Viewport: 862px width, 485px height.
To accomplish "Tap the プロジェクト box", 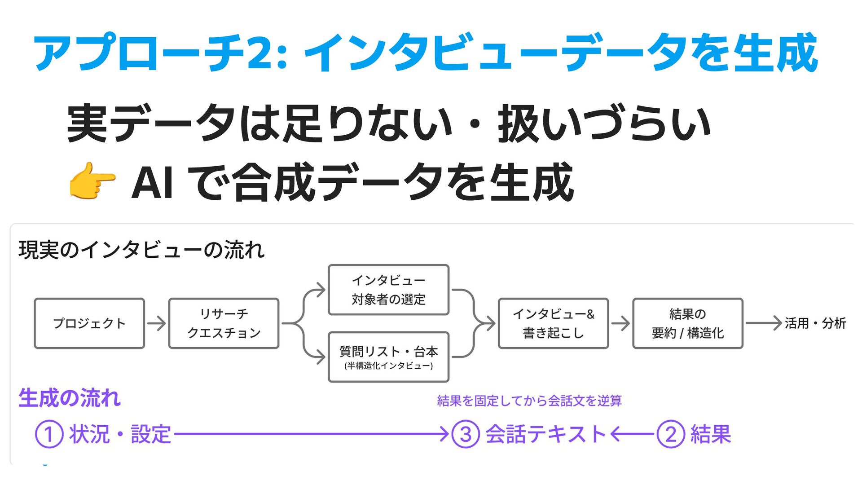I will (89, 323).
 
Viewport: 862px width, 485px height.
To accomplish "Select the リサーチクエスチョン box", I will (224, 323).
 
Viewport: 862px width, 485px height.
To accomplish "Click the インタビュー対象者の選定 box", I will (388, 290).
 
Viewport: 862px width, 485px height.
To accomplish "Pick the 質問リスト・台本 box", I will (388, 357).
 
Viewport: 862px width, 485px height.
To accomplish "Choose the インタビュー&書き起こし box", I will (553, 323).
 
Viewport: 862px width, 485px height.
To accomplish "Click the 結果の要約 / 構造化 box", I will (687, 323).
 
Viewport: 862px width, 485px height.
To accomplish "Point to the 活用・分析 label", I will (815, 323).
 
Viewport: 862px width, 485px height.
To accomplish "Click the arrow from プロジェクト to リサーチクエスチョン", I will (156, 323).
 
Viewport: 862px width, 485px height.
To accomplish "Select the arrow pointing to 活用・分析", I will (763, 323).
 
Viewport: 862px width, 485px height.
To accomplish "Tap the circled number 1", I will (49, 434).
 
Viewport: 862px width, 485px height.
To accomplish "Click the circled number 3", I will (466, 434).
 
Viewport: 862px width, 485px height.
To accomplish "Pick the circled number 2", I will (670, 434).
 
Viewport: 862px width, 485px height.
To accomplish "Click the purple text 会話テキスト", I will (546, 434).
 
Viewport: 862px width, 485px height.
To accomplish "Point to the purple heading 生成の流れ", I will (70, 398).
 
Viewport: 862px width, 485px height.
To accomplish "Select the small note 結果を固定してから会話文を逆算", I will (529, 401).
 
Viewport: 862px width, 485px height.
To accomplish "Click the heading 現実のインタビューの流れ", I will (141, 250).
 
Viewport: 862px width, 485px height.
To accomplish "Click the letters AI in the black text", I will (152, 182).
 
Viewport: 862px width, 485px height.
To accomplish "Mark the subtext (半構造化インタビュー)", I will (388, 366).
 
